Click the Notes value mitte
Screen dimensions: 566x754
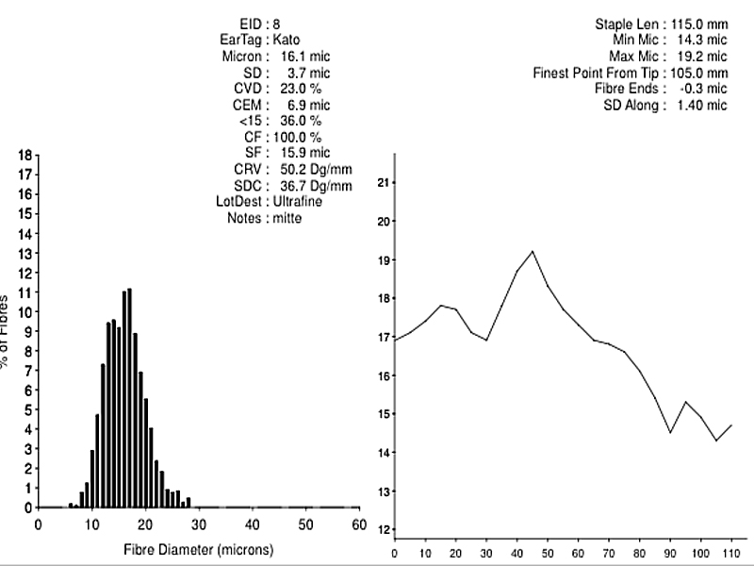287,218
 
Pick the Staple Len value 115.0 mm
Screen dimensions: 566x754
699,23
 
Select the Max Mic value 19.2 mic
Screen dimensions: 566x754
699,56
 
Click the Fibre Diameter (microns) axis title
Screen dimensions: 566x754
198,548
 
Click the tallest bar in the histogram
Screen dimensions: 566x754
129,396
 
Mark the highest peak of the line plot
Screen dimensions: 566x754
533,251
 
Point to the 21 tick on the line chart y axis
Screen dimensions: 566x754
381,182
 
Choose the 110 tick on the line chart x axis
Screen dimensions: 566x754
730,553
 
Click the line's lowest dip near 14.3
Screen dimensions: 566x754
716,441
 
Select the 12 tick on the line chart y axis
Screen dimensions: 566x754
381,530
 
